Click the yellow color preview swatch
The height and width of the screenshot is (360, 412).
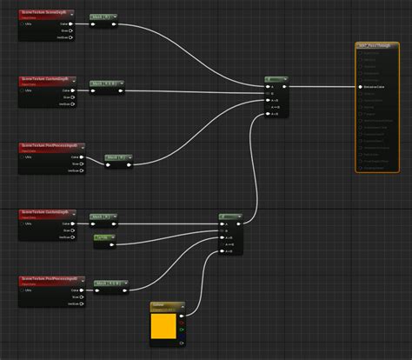point(163,326)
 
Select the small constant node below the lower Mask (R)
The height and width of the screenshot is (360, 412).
point(104,237)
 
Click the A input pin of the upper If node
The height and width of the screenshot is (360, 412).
point(268,87)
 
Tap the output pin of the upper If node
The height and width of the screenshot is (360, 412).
point(288,87)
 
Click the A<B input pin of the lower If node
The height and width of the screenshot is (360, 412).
point(222,252)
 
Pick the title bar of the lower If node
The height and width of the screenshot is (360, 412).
point(230,216)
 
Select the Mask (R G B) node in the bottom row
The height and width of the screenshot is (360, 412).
point(111,283)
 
